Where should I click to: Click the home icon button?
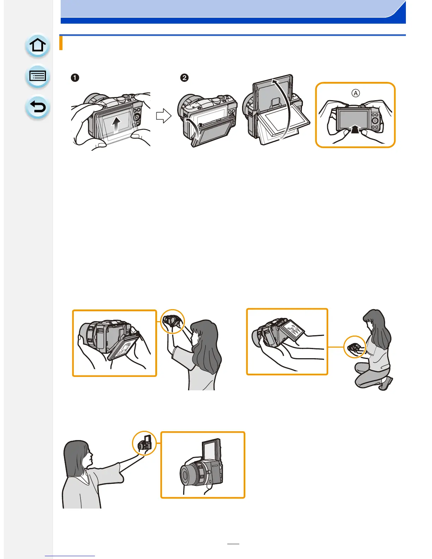click(x=37, y=45)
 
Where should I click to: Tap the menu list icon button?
click(x=37, y=76)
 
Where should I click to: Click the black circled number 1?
click(x=75, y=78)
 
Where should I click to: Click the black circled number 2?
click(x=184, y=78)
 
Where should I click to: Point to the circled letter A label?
click(x=355, y=93)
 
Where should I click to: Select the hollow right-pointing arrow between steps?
click(x=164, y=116)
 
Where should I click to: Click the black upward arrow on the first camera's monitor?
click(x=116, y=125)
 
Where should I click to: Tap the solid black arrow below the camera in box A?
click(x=355, y=129)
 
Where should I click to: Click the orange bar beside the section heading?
click(x=61, y=43)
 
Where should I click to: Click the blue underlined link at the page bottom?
click(x=70, y=556)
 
